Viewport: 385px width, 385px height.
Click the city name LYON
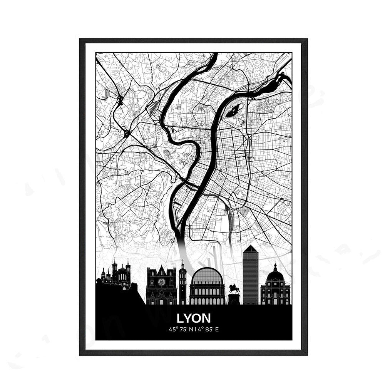click(194, 318)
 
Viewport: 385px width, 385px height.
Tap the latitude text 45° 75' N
click(181, 329)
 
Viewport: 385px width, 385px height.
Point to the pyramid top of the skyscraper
click(250, 249)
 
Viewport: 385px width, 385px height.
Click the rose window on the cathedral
click(161, 282)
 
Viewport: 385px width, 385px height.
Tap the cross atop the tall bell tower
click(182, 262)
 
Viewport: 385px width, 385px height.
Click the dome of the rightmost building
click(275, 275)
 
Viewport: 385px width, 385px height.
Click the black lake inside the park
click(234, 112)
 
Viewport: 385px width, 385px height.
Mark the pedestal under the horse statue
click(234, 299)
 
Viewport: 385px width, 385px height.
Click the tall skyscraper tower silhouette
click(251, 275)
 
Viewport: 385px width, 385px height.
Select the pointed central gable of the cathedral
click(161, 270)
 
